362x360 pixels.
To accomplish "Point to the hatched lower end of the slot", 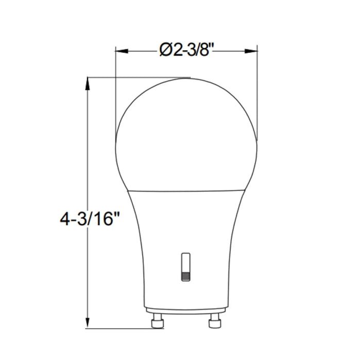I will coord(186,276).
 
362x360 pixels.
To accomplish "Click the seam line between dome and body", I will coord(185,189).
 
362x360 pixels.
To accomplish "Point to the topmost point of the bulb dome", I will coord(186,79).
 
